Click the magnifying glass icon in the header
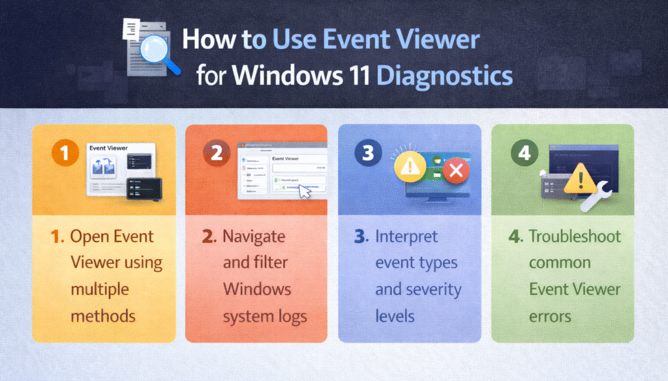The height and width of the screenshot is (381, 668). [x=156, y=51]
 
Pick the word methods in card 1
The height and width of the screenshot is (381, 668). [x=103, y=316]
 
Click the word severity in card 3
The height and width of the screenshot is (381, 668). [x=436, y=290]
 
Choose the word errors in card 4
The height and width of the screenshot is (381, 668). [x=550, y=316]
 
